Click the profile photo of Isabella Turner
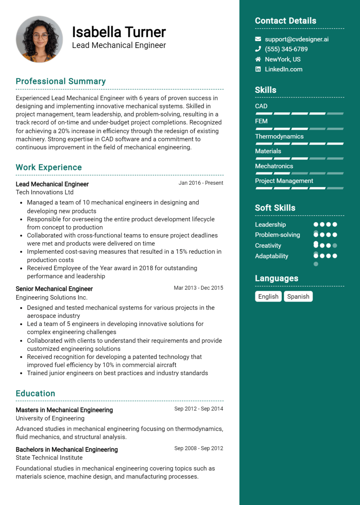39,39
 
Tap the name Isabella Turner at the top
119,32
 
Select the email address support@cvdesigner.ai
297,39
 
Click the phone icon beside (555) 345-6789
258,49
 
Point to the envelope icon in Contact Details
258,39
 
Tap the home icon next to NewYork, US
258,59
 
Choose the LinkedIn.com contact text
283,69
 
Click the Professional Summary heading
61,81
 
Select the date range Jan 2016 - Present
201,183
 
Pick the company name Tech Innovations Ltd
45,192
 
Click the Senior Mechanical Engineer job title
54,289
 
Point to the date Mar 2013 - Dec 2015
198,288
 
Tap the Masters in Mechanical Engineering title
64,410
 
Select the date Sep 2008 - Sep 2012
199,448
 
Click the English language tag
268,297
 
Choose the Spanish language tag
298,297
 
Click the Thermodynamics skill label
279,136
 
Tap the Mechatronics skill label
274,166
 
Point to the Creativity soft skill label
268,246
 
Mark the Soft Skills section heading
275,208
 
